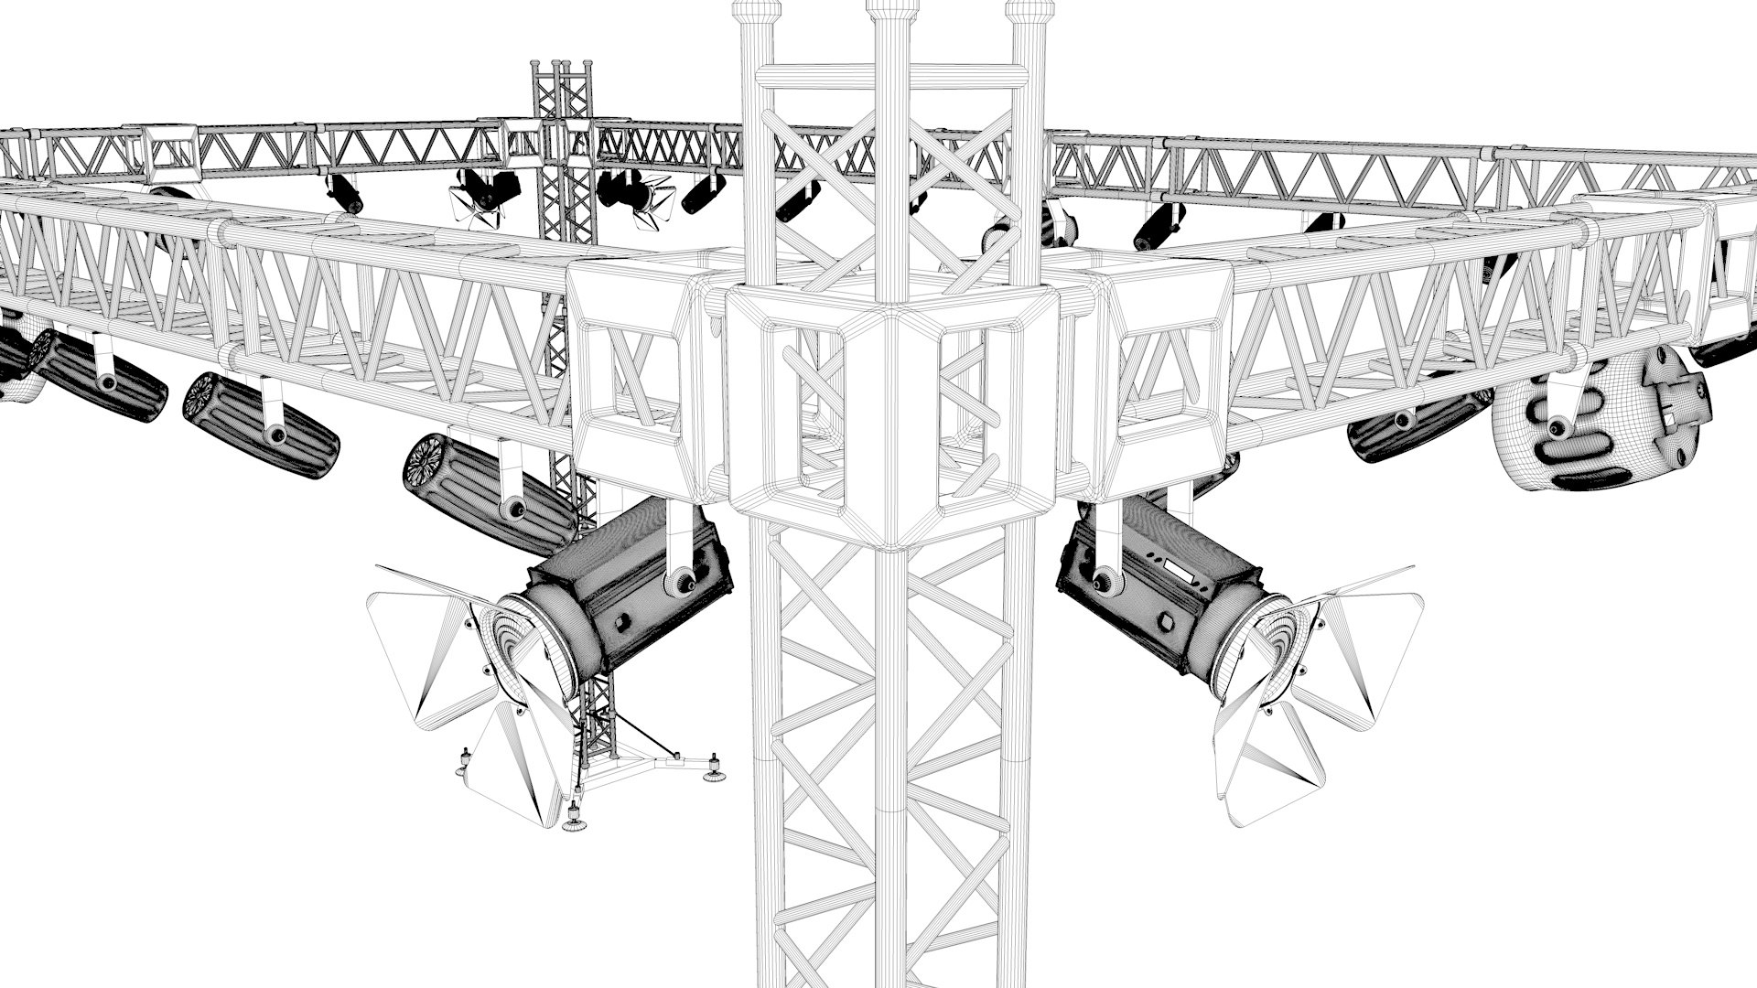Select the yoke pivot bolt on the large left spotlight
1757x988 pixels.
click(x=681, y=582)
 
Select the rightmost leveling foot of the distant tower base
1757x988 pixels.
click(x=712, y=772)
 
